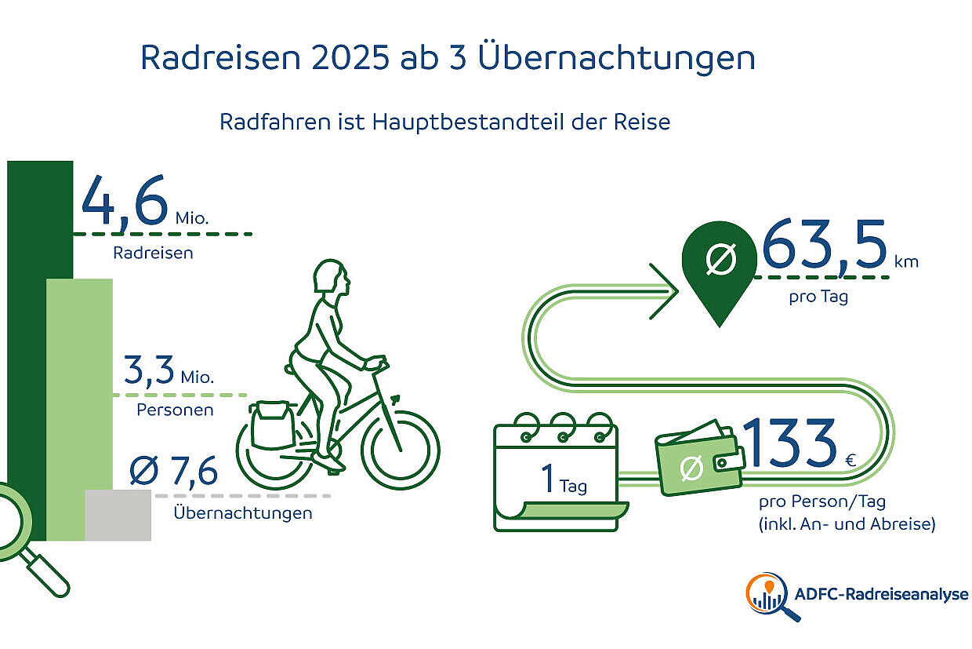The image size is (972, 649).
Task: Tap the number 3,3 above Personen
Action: click(148, 370)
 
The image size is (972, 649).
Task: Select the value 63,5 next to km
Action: click(824, 246)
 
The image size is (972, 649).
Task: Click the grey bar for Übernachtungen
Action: click(118, 515)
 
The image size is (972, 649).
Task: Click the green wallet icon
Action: click(698, 463)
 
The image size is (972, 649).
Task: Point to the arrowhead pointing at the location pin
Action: click(666, 291)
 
